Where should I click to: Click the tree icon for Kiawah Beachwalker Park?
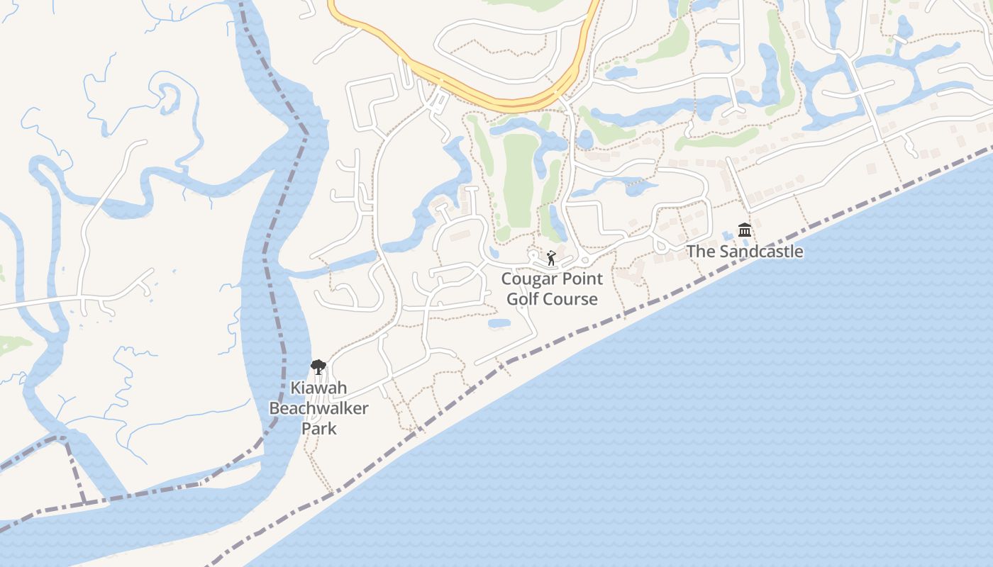pos(318,366)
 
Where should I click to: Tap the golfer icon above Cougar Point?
pos(551,258)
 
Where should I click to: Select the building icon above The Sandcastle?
pos(745,230)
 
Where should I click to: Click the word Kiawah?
pos(318,388)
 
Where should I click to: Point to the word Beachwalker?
pos(318,408)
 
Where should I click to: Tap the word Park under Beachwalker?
pos(318,428)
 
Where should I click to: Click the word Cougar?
pos(531,279)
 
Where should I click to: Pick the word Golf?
pos(526,299)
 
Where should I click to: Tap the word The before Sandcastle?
pos(700,252)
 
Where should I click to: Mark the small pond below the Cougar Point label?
pos(499,323)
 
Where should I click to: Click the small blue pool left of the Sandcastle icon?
pos(728,235)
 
